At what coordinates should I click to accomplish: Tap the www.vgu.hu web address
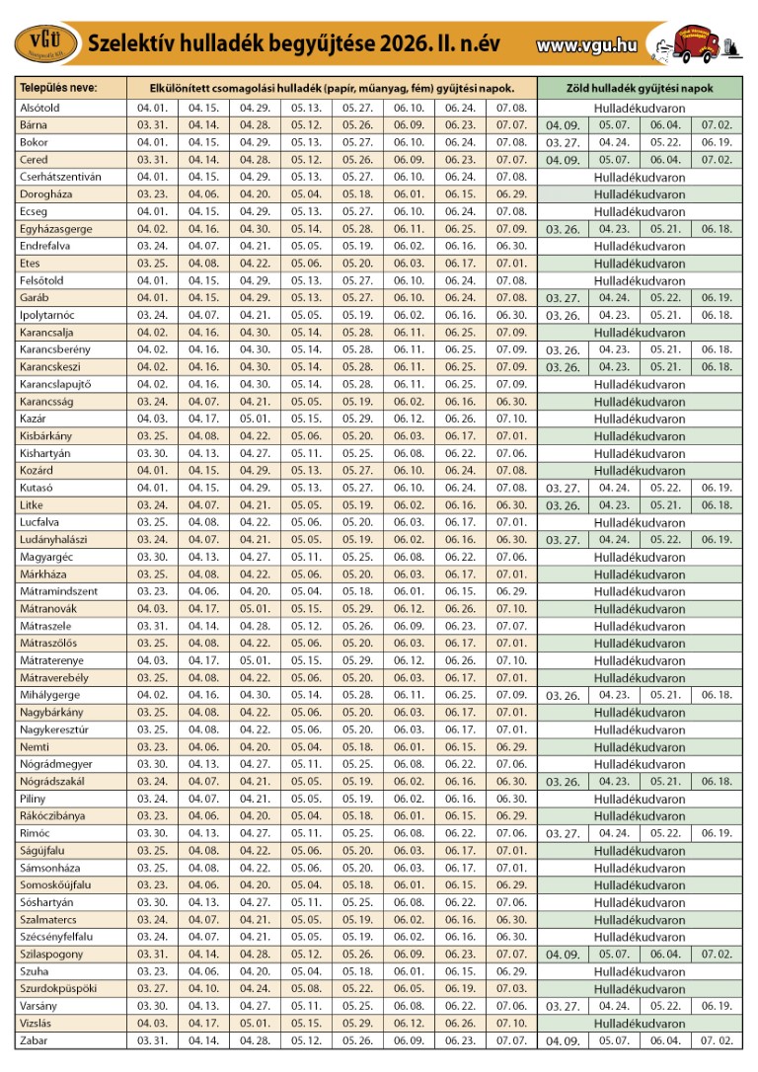pos(586,44)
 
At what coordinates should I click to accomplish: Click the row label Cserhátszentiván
pos(60,177)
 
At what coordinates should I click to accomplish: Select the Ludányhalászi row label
pos(60,540)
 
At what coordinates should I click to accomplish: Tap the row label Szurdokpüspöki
pos(60,989)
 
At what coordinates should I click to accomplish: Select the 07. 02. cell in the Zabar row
pos(717,1041)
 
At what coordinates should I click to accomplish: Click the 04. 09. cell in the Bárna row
pos(563,126)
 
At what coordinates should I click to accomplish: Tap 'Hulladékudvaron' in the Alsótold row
pos(639,108)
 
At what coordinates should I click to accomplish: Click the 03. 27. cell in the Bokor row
pos(563,143)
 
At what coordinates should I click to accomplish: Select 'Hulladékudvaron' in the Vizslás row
pos(639,1024)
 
